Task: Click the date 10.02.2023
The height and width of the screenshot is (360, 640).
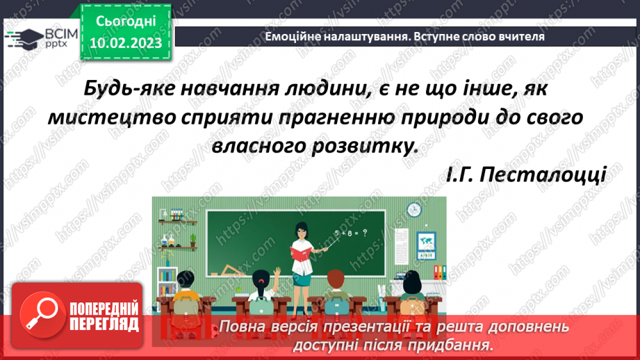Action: [125, 42]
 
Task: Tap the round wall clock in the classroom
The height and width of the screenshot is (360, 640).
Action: [415, 208]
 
